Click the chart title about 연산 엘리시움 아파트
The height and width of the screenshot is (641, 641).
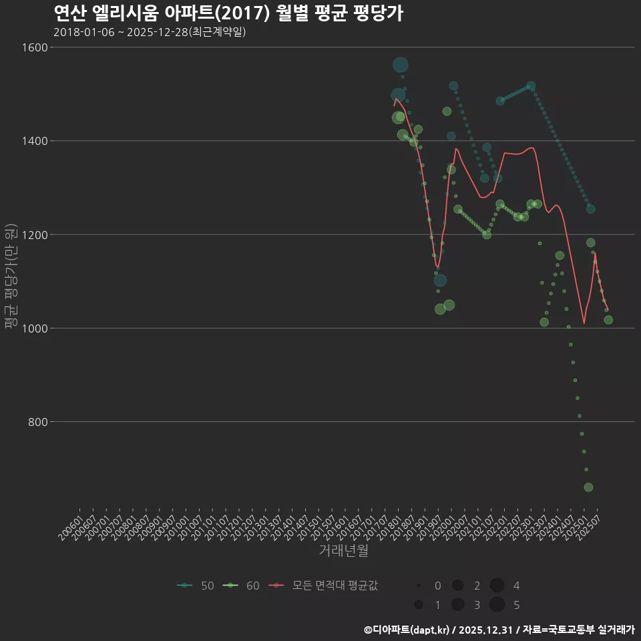228,13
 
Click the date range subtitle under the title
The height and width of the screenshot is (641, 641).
150,32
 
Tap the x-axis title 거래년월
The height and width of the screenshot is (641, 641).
343,551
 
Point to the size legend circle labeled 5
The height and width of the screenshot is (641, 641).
497,605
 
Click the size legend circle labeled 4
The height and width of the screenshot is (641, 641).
497,586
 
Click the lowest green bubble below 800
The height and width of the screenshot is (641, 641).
588,487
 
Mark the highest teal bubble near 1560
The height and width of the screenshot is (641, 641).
401,65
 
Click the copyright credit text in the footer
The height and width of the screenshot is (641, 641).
499,630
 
